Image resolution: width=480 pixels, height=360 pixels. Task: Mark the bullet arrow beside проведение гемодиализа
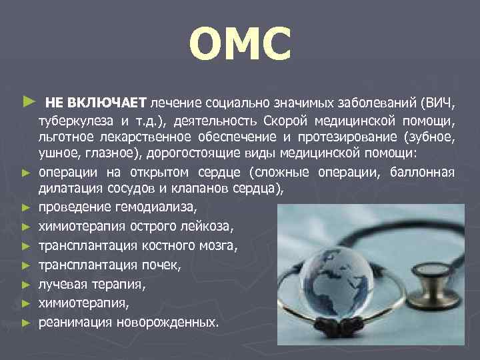click(26, 207)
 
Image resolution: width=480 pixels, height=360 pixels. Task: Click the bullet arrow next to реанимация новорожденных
click(26, 323)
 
